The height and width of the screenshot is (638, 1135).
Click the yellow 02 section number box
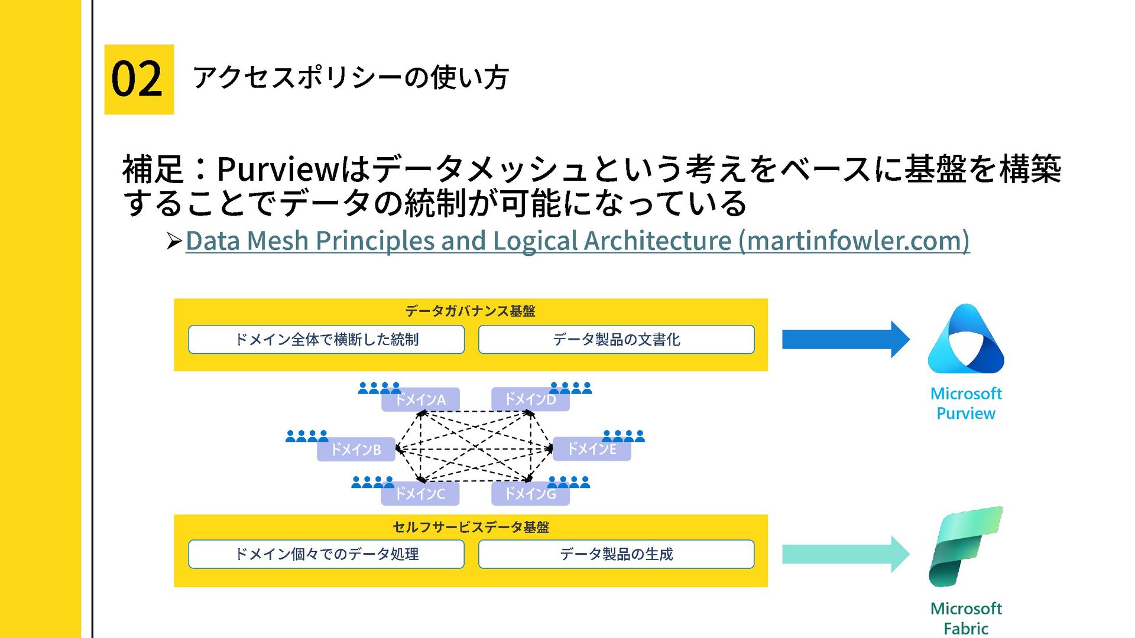(139, 79)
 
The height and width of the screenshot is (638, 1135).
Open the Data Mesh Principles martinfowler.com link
(577, 240)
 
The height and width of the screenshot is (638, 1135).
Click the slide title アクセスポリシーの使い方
(351, 77)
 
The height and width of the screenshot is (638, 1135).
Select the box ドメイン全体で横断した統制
(326, 340)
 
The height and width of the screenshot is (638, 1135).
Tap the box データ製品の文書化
(616, 340)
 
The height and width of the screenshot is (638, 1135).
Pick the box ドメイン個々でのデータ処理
(326, 554)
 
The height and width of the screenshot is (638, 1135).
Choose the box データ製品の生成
(616, 554)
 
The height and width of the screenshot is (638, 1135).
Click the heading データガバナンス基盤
(470, 311)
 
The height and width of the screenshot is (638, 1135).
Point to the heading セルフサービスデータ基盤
(471, 527)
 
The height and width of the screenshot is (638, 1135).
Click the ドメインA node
(420, 400)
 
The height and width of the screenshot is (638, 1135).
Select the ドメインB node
(356, 450)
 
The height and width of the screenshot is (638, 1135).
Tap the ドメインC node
(420, 493)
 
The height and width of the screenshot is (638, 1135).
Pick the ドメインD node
(530, 400)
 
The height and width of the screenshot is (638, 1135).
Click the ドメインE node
(592, 450)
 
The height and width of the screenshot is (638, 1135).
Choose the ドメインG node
(530, 493)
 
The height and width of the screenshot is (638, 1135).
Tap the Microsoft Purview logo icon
(966, 340)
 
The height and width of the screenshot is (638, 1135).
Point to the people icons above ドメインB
(306, 437)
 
